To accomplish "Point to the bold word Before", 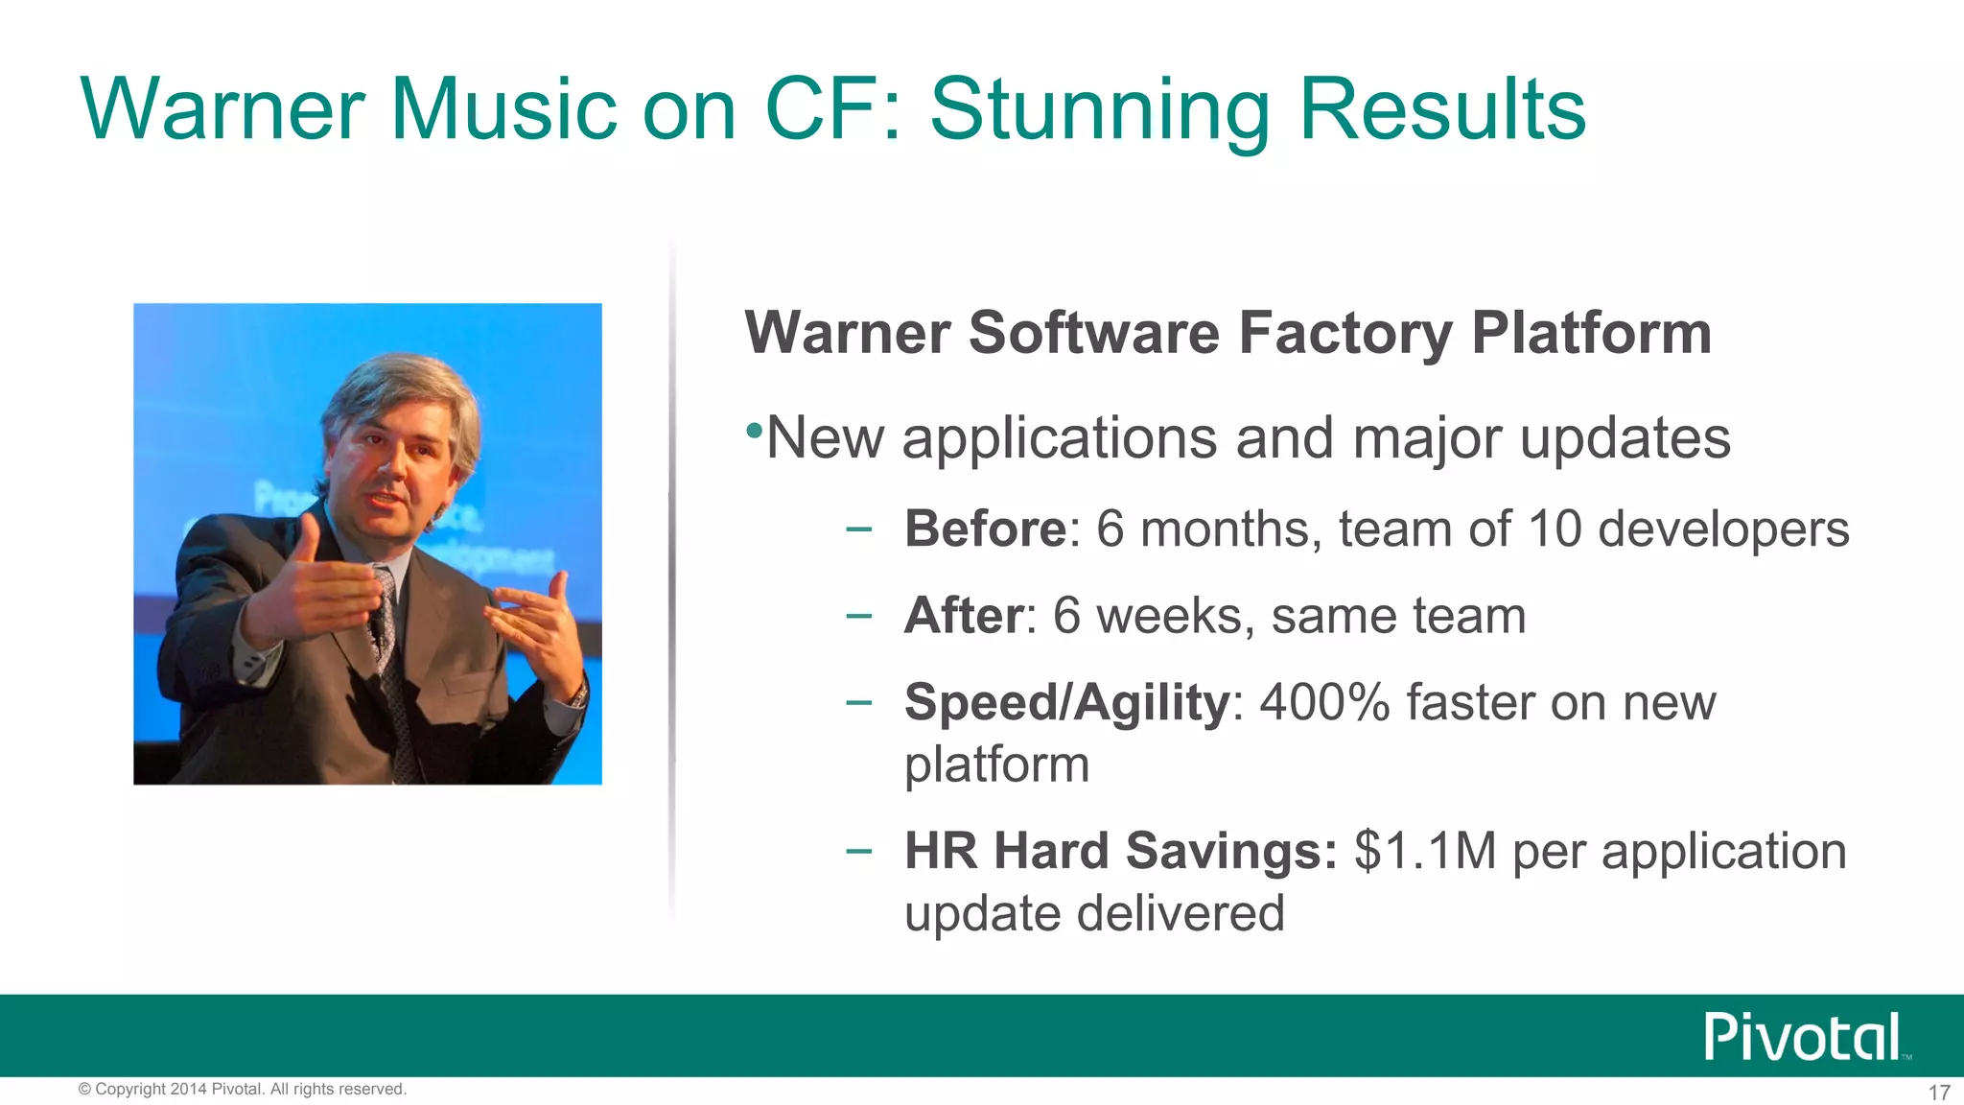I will pyautogui.click(x=985, y=529).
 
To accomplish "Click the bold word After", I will pyautogui.click(x=964, y=615).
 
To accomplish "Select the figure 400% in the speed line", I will pyautogui.click(x=1324, y=702).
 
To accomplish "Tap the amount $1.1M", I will pyautogui.click(x=1424, y=851).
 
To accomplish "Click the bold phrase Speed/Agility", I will pyautogui.click(x=1066, y=702).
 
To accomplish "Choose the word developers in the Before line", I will pyautogui.click(x=1723, y=529).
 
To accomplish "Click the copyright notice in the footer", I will pyautogui.click(x=243, y=1090).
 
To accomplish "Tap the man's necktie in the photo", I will pyautogui.click(x=389, y=652).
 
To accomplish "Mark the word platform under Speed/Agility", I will pyautogui.click(x=996, y=764).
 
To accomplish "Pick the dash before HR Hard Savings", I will pyautogui.click(x=859, y=850).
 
